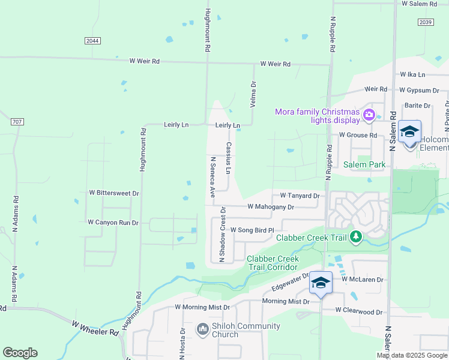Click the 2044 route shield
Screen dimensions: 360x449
click(x=92, y=40)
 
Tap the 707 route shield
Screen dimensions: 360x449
click(x=17, y=122)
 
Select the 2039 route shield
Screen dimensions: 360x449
click(x=425, y=22)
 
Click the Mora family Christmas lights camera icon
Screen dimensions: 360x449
click(x=369, y=114)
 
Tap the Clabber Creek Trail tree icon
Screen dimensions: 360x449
click(x=356, y=237)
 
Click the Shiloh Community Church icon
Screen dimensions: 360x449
click(x=202, y=330)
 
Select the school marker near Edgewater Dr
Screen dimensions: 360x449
click(x=321, y=283)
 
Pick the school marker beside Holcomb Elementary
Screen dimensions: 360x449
click(x=410, y=132)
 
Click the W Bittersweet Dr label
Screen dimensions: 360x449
click(x=114, y=193)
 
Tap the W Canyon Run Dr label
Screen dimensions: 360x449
click(x=113, y=223)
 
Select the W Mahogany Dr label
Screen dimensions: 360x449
click(x=271, y=207)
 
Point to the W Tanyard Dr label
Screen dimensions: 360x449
click(x=300, y=196)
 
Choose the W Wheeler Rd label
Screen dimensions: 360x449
click(x=95, y=328)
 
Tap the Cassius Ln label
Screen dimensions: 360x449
click(x=229, y=158)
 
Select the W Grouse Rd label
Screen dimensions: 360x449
click(x=358, y=136)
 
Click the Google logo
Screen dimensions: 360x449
click(x=20, y=353)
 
